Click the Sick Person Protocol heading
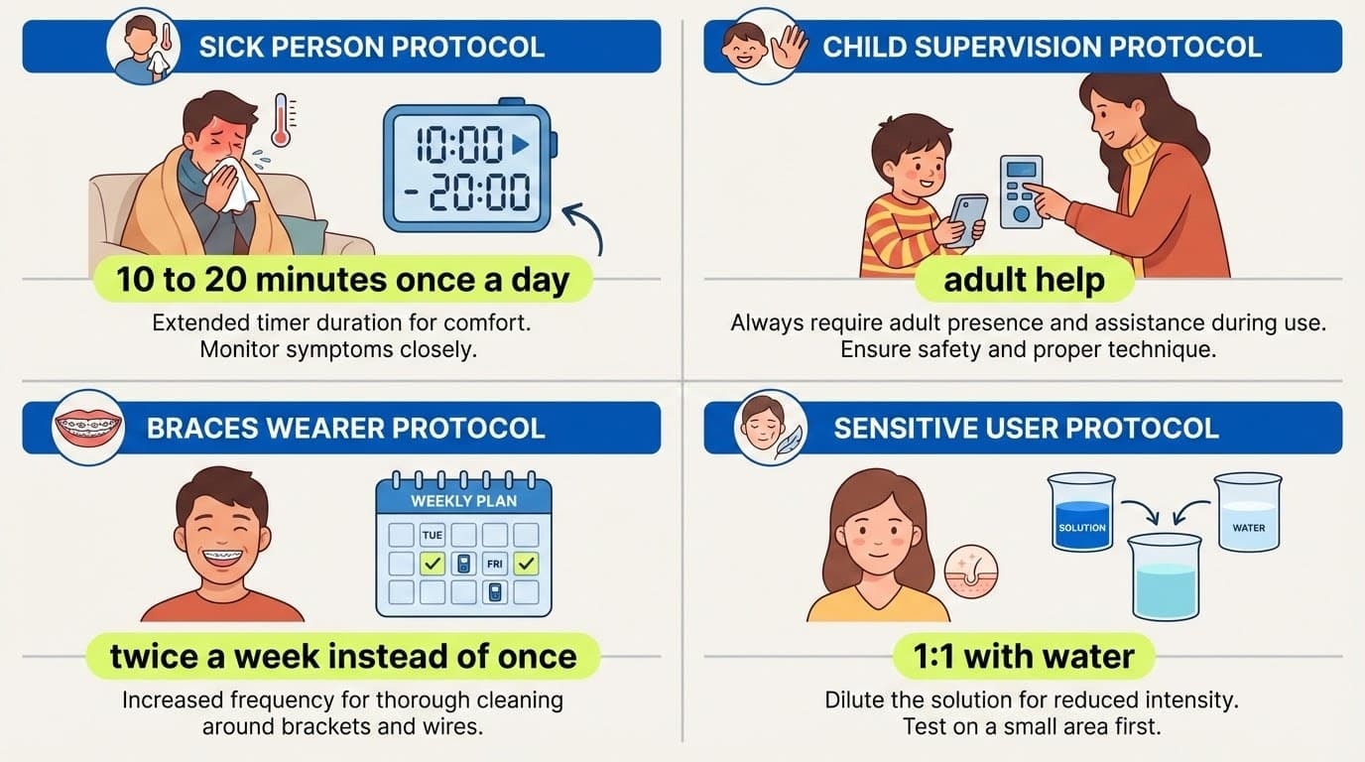[371, 47]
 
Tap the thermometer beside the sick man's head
[281, 120]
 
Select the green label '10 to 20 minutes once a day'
[342, 280]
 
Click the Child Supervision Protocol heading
[1042, 47]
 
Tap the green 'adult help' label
[1024, 280]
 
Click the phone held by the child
[967, 219]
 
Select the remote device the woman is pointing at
[1021, 190]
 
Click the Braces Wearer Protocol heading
[345, 428]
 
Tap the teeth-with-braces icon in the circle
[88, 428]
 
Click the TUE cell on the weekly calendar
[433, 536]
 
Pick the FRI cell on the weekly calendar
[495, 565]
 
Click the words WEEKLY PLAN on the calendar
[463, 501]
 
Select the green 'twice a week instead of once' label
[342, 656]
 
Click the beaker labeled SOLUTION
[1082, 512]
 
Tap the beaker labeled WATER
[1248, 512]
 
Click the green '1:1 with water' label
[1024, 656]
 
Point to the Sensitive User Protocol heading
[1026, 428]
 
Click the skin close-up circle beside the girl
[970, 572]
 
